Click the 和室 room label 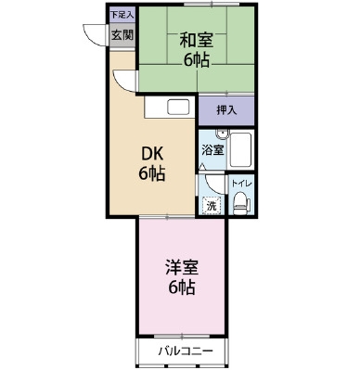197,41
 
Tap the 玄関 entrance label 122,35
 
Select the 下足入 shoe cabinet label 122,15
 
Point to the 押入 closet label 226,110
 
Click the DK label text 152,154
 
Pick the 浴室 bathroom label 212,150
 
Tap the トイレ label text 242,184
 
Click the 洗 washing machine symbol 212,206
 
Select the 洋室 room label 182,268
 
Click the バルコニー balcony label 186,351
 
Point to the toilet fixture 241,203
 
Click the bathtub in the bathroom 240,150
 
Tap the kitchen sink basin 178,107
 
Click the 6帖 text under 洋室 182,287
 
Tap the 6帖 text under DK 151,174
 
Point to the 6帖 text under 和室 197,60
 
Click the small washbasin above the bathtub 222,134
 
